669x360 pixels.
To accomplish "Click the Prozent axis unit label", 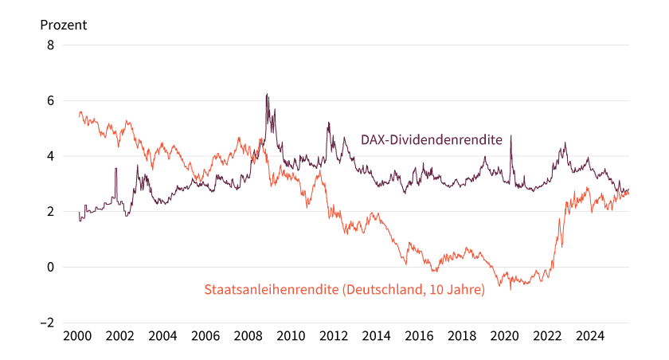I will (64, 25).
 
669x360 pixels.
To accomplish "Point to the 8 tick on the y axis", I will (50, 45).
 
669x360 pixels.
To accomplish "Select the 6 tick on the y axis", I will (50, 101).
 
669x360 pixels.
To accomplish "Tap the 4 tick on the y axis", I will (50, 156).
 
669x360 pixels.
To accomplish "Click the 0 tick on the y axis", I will (50, 268).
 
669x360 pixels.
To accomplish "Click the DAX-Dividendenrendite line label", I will (431, 140).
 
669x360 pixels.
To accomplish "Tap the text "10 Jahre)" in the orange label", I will (456, 290).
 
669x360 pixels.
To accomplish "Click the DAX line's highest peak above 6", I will (266, 95).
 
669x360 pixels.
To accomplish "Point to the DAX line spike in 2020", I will (511, 136).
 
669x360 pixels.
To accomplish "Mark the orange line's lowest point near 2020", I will (510, 288).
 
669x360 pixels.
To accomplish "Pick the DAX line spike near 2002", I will (115, 168).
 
